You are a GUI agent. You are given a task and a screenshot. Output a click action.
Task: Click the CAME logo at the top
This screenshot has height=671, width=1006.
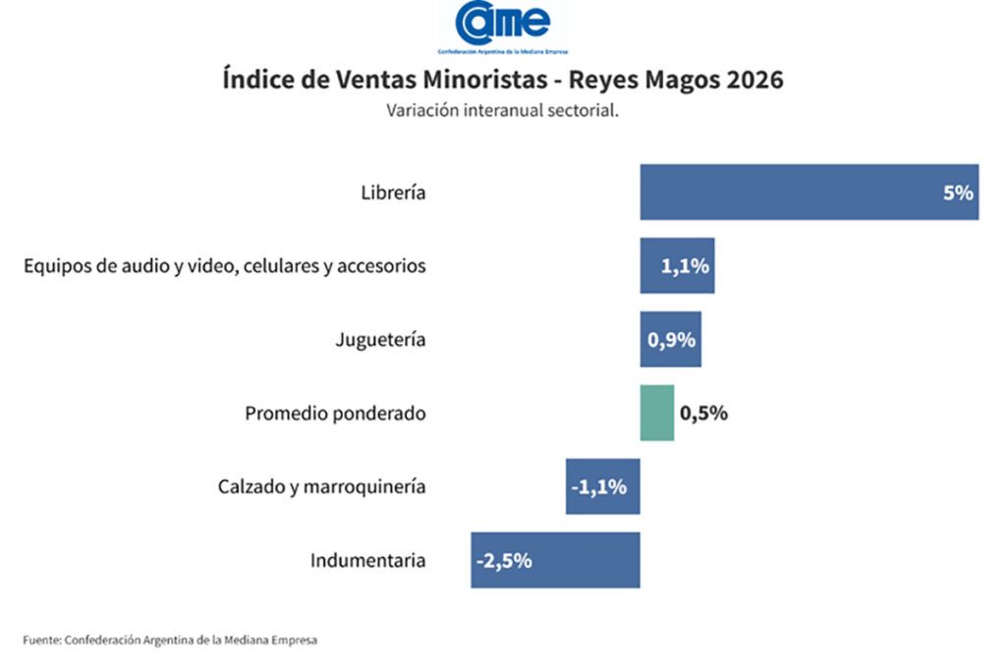502,27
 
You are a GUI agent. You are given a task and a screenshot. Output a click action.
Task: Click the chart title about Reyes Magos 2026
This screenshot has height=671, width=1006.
503,80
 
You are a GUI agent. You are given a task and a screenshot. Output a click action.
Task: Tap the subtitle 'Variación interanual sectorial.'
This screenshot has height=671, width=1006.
502,110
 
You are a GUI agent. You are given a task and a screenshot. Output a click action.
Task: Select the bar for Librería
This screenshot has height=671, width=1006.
786,192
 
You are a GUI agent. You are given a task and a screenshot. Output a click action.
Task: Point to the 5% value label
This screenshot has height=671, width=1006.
957,193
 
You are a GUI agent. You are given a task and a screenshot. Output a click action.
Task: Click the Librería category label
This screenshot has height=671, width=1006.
393,193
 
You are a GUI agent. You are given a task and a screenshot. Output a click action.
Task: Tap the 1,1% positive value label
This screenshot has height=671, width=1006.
686,266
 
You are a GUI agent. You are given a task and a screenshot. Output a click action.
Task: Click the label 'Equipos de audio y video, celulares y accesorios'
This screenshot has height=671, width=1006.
225,266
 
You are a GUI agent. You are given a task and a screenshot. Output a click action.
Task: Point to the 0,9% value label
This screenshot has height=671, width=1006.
672,340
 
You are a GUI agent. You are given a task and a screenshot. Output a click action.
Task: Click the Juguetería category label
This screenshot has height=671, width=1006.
380,340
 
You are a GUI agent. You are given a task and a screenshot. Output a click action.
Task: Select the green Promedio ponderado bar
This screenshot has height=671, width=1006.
657,413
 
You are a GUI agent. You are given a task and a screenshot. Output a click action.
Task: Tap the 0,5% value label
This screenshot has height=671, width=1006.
703,413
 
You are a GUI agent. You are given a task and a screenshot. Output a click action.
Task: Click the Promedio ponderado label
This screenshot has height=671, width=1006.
335,414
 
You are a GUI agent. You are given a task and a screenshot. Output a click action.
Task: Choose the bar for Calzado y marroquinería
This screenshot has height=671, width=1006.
602,486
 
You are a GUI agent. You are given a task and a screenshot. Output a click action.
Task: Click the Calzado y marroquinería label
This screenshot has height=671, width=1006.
321,486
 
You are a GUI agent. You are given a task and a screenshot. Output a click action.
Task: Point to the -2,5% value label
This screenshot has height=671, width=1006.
504,561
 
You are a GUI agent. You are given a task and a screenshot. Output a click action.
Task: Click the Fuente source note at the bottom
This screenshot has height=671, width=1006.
170,640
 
